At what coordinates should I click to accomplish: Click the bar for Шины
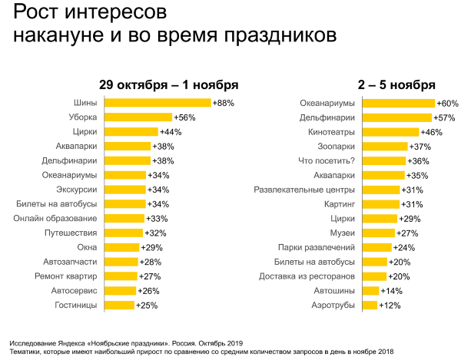coord(157,103)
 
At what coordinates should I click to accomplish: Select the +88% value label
coord(223,103)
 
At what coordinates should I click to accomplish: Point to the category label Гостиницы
coord(76,305)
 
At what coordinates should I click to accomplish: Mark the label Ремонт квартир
coord(65,276)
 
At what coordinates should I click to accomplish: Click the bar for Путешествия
coord(123,233)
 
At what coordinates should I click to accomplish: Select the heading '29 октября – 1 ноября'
coord(168,84)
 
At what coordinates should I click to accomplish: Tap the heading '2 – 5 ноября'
coord(397,84)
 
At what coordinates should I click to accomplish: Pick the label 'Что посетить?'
coord(326,160)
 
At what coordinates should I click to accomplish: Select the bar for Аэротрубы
coord(369,305)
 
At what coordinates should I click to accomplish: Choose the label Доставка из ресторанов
coord(306,276)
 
